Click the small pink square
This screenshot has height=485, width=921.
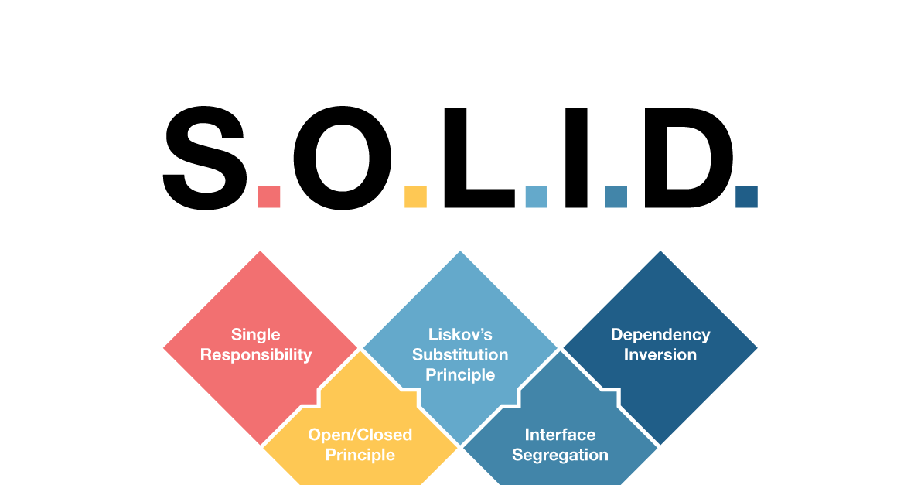pos(269,196)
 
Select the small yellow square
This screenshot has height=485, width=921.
pos(415,196)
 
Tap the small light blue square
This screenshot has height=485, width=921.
pos(536,196)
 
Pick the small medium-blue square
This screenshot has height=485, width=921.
pos(616,196)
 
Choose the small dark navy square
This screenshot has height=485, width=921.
pos(746,196)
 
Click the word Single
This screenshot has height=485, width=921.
pos(255,335)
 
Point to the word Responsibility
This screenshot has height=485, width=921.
pos(255,355)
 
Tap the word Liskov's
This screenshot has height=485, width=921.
pos(460,335)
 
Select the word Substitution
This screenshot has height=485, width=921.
pos(460,355)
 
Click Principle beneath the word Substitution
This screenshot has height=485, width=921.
pos(460,375)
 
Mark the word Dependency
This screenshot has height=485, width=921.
pos(660,335)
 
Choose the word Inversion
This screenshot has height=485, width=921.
pos(660,355)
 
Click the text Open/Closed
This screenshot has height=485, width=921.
pos(360,435)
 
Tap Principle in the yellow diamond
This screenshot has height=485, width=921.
pos(360,455)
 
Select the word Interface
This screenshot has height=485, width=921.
pos(560,435)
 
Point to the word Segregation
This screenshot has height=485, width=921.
pos(560,455)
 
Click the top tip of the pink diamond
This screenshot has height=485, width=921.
pos(260,252)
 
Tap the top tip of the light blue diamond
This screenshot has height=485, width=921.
pos(460,252)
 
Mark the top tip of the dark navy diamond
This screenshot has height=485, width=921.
pos(660,252)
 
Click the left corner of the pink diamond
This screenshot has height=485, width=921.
pos(165,348)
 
